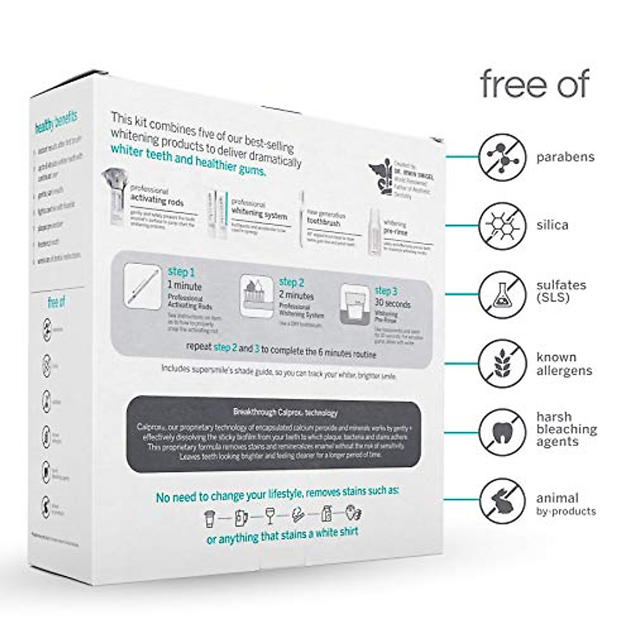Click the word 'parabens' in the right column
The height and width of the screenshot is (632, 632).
point(566,157)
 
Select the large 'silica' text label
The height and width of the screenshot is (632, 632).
point(552,225)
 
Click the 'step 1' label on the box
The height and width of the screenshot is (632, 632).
point(181,272)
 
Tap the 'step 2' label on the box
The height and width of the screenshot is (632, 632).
point(292,282)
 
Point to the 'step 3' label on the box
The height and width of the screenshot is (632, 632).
point(386,291)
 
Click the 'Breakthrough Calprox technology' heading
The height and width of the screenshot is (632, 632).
point(285,412)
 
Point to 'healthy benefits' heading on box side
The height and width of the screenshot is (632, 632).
point(55,122)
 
